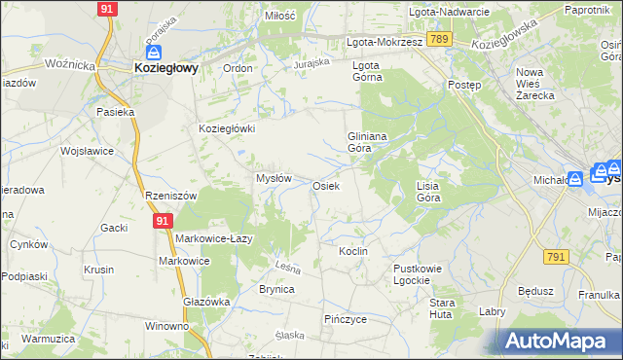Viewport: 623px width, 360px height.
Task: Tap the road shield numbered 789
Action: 440,39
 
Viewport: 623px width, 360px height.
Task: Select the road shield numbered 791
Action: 557,257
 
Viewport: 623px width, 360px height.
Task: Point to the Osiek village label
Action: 325,186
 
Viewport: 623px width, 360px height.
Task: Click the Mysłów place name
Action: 274,178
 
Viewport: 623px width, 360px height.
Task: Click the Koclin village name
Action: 352,251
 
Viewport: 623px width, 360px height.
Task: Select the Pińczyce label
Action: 345,318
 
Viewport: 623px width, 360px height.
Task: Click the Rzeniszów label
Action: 170,196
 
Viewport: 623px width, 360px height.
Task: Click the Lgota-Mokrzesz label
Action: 385,43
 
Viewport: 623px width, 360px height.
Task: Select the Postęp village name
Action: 464,85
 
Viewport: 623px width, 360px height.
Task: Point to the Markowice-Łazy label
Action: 214,238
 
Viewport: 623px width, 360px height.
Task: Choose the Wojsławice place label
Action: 88,152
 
